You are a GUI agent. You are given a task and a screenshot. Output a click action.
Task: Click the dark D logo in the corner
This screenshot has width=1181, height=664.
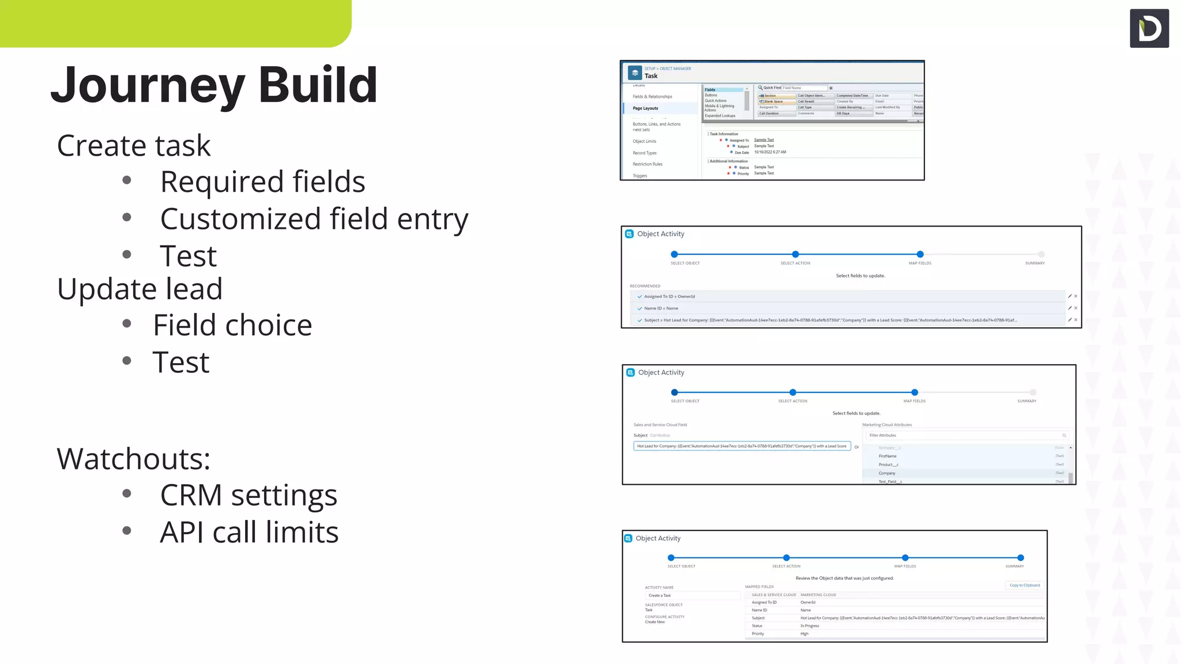[1149, 28]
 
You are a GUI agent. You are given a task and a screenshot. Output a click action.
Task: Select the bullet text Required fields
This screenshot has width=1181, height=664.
[262, 182]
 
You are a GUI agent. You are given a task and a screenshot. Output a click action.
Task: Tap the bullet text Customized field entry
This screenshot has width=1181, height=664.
[314, 219]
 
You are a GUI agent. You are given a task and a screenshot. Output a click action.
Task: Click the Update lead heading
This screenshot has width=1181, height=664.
[140, 289]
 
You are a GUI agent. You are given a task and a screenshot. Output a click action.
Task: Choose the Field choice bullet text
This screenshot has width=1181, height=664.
[232, 325]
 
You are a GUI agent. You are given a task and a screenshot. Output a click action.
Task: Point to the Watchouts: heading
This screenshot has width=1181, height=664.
[133, 459]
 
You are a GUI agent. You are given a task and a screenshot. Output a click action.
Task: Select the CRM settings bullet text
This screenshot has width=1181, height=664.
[249, 495]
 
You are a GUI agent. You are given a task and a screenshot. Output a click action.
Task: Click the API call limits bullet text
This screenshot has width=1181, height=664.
[249, 532]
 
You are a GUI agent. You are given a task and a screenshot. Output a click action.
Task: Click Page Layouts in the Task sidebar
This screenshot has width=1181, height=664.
[645, 108]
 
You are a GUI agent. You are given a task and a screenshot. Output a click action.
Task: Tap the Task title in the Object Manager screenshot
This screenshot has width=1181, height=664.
[651, 76]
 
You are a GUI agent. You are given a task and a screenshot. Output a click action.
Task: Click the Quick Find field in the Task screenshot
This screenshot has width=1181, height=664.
[804, 88]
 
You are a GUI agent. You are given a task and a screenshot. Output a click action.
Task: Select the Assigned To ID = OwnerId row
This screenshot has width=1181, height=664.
[670, 296]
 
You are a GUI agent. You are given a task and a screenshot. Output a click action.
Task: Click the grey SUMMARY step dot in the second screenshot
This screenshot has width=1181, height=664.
[1041, 254]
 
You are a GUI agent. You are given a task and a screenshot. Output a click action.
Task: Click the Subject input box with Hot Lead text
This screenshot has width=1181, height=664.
[742, 446]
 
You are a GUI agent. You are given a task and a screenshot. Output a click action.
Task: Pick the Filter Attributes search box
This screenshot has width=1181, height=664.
[966, 435]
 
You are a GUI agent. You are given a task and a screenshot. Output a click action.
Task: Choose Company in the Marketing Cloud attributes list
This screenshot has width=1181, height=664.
[887, 473]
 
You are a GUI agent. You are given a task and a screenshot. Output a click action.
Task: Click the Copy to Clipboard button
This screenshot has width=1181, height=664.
[1024, 585]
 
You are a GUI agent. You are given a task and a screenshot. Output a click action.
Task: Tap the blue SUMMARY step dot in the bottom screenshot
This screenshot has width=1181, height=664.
[1020, 557]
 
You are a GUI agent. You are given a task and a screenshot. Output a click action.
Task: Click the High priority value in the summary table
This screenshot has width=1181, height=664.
[804, 633]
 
